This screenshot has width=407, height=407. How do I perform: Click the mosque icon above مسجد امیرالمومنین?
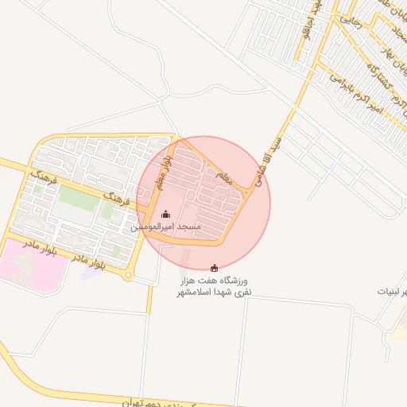165,214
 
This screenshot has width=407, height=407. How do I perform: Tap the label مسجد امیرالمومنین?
166,228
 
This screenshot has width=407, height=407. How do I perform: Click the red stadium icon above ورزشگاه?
213,269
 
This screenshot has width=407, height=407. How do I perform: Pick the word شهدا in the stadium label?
230,293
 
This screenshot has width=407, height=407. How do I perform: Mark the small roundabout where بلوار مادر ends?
128,276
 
